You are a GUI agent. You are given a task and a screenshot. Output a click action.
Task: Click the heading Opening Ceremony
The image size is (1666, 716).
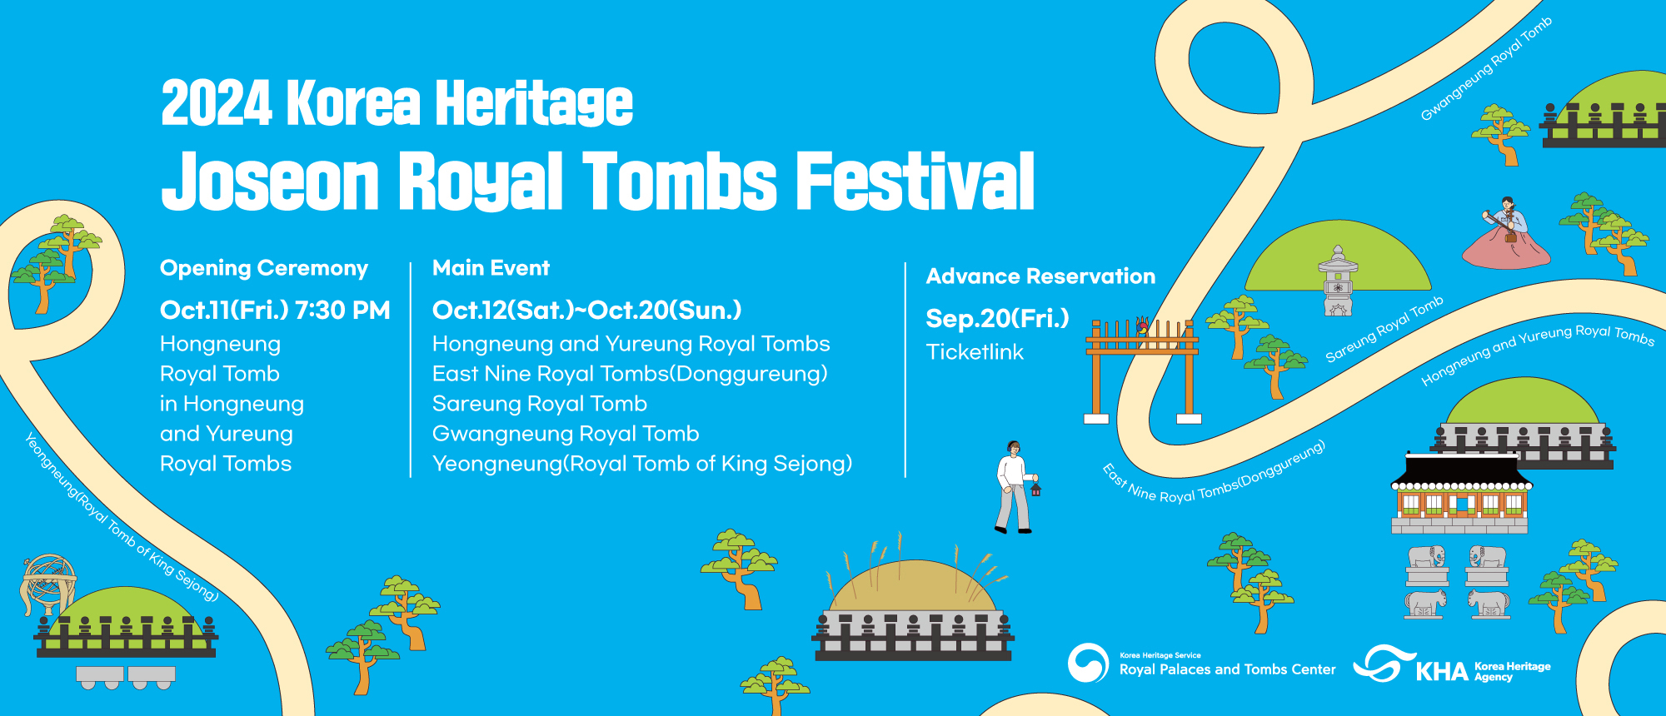pyautogui.click(x=264, y=268)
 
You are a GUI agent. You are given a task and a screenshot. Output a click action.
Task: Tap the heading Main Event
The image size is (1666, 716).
pyautogui.click(x=491, y=268)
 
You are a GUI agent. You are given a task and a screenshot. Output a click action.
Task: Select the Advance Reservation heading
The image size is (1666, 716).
pyautogui.click(x=1040, y=276)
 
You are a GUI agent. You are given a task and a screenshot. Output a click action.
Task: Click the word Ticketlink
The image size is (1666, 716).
pyautogui.click(x=975, y=352)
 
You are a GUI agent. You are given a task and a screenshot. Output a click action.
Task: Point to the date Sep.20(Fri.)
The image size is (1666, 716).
pyautogui.click(x=997, y=319)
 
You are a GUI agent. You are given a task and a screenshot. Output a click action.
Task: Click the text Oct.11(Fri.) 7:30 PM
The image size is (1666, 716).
pyautogui.click(x=275, y=311)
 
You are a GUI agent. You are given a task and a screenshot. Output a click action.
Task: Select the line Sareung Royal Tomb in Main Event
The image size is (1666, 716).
pyautogui.click(x=540, y=404)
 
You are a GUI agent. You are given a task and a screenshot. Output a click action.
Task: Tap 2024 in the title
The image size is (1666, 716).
pyautogui.click(x=217, y=103)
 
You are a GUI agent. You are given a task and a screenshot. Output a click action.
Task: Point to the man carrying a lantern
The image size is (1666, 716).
pyautogui.click(x=1015, y=487)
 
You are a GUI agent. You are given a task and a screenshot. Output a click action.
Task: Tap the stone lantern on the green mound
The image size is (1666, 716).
pyautogui.click(x=1338, y=281)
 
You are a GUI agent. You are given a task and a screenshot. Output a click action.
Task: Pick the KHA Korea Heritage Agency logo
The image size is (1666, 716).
pyautogui.click(x=1452, y=665)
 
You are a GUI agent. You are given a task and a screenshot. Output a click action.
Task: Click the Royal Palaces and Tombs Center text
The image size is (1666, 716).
pyautogui.click(x=1227, y=669)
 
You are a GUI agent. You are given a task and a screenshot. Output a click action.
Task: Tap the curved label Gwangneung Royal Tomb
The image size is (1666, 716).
pyautogui.click(x=1486, y=69)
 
